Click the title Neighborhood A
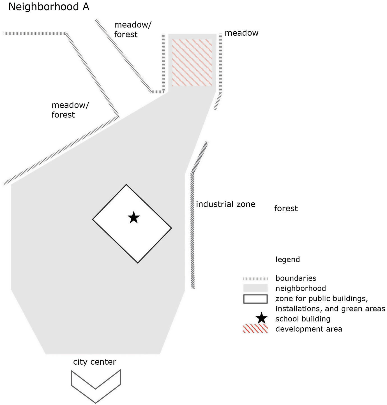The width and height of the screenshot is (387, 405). coord(49,7)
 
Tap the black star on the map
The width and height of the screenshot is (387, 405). coord(134,218)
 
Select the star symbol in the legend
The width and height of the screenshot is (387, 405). coord(261,318)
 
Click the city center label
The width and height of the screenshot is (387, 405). coord(95,362)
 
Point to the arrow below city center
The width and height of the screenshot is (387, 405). coord(96,386)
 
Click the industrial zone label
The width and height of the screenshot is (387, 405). coord(225,204)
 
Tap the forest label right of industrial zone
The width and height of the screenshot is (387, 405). coord(286,209)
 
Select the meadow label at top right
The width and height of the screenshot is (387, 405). coord(241,33)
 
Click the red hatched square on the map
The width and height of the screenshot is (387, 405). coord(192,63)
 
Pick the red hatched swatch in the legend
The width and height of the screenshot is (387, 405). coord(255,328)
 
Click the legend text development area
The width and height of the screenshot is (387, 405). coord(308,329)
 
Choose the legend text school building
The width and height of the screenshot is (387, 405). coord(303,319)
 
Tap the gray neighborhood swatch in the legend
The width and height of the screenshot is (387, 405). coord(255,288)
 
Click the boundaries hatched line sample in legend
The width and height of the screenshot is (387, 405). coord(255,279)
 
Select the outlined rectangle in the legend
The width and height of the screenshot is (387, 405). coord(255,299)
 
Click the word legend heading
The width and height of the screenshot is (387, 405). coord(287,260)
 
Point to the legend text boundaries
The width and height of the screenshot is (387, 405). coord(296,278)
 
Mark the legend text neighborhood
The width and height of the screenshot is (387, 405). coord(301,288)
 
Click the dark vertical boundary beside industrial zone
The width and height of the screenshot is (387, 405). coord(193,230)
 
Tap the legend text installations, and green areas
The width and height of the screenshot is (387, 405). coord(330,309)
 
